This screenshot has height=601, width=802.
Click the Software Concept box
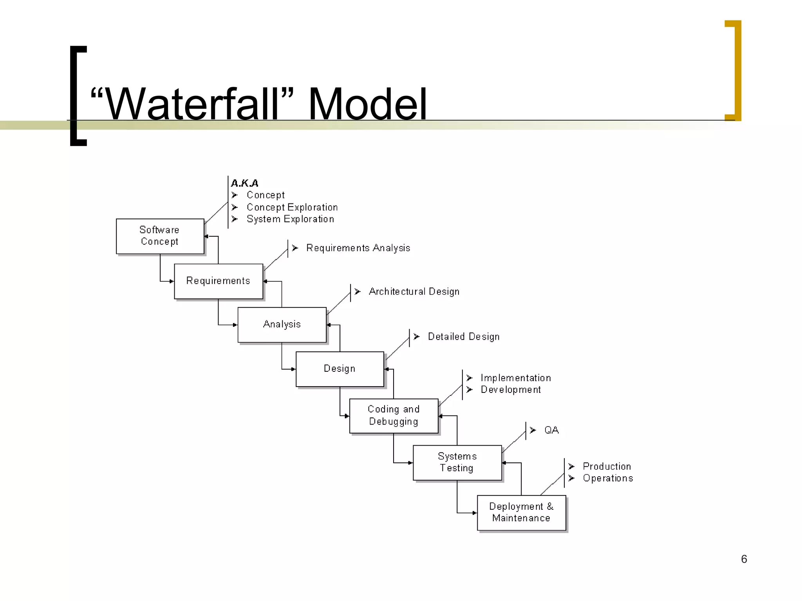click(x=160, y=236)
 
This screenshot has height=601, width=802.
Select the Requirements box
click(x=218, y=281)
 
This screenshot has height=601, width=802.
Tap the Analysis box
click(x=282, y=324)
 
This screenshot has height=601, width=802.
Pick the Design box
click(x=340, y=369)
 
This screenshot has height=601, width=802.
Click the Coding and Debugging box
click(x=394, y=416)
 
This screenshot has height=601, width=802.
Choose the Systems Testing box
click(x=457, y=462)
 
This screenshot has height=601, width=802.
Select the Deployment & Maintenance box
click(x=521, y=513)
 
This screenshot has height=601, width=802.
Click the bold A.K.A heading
click(x=245, y=183)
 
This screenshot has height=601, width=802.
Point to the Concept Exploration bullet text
click(x=292, y=207)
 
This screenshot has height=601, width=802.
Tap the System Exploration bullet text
click(x=290, y=219)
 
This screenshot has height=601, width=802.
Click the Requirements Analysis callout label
click(x=358, y=248)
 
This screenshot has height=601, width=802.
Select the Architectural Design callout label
click(x=414, y=292)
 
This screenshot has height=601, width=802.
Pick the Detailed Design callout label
click(x=464, y=336)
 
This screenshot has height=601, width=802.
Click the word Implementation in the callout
click(x=516, y=378)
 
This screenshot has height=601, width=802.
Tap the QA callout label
click(x=551, y=430)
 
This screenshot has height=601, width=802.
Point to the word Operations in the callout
click(x=608, y=478)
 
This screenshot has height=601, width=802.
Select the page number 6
click(x=744, y=559)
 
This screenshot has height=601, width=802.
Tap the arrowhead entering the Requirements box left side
click(x=172, y=281)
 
